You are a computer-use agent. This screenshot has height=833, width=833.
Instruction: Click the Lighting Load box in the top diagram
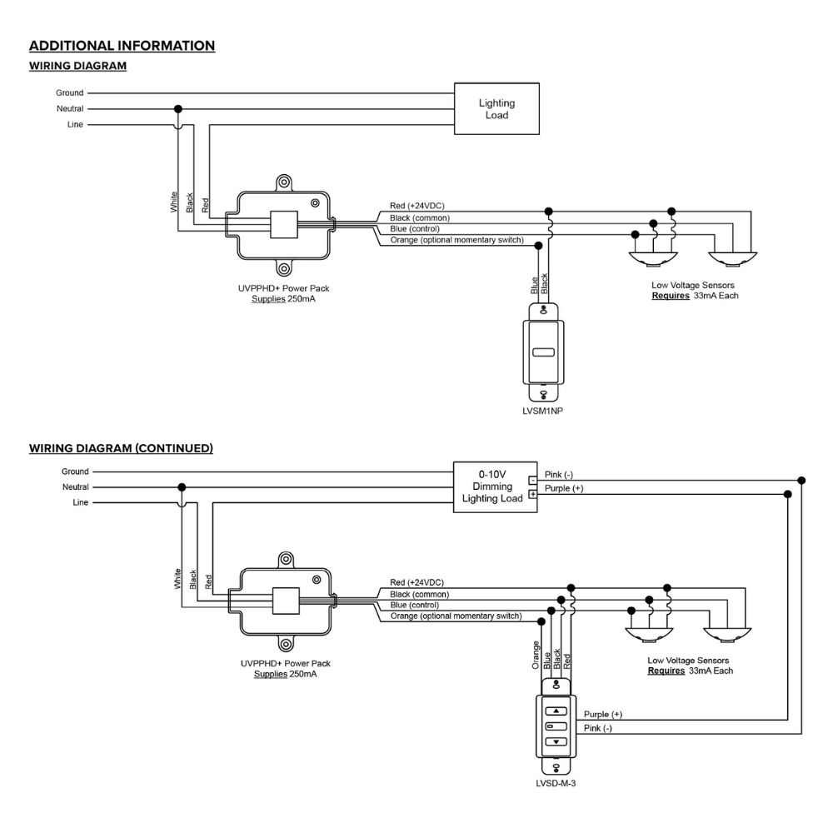pos(496,109)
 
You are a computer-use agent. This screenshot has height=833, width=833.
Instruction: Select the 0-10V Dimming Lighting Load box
pos(491,486)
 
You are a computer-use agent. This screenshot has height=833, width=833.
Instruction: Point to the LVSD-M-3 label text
pos(556,783)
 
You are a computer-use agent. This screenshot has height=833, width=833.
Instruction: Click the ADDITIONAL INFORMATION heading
pos(122,46)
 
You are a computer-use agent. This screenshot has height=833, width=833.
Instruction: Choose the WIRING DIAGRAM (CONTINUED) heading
pos(121,448)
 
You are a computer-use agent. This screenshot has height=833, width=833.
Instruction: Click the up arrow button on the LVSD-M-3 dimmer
pos(556,712)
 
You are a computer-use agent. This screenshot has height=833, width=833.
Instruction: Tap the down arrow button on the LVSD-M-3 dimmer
pos(556,741)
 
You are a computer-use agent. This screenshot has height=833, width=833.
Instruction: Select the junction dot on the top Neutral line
pos(177,109)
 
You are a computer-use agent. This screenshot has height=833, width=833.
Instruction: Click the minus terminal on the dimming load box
pos(532,481)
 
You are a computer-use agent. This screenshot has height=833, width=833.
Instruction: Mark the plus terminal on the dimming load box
pos(532,494)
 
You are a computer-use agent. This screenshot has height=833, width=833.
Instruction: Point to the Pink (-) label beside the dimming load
pos(559,475)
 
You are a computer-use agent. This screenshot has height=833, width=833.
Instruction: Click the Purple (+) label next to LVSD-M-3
pos(603,715)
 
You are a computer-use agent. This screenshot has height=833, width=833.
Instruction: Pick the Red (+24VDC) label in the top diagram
pos(416,205)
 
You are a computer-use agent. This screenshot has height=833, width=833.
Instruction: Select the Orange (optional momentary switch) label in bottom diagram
pos(456,616)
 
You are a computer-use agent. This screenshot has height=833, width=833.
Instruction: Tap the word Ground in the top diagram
pos(70,93)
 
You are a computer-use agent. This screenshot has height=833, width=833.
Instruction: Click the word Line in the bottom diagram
pos(80,503)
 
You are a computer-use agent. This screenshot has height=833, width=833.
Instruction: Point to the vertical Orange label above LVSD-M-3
pos(536,655)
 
